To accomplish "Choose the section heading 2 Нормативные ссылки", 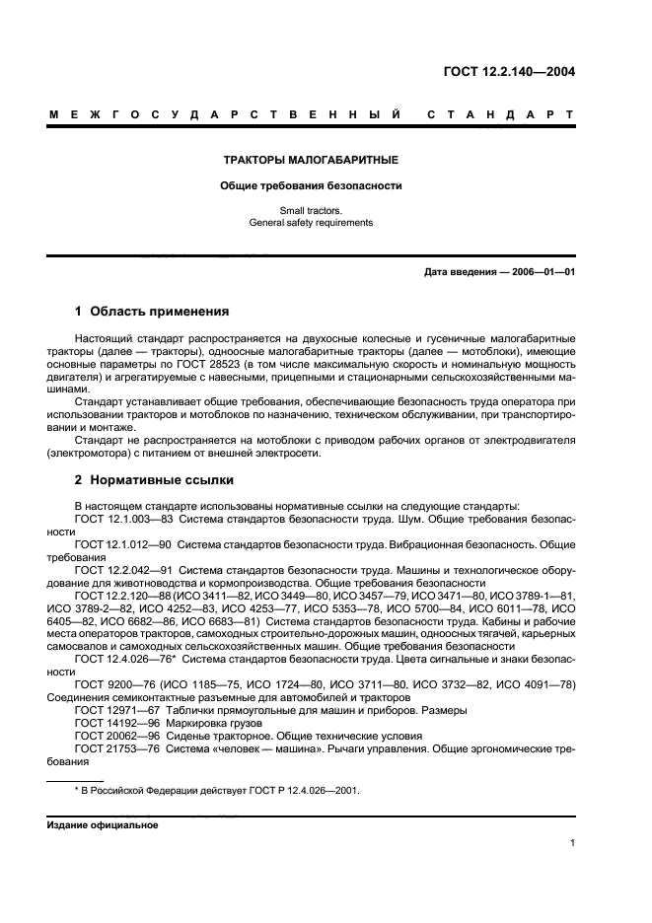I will coord(154,480).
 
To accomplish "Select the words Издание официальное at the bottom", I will coord(102,825).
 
